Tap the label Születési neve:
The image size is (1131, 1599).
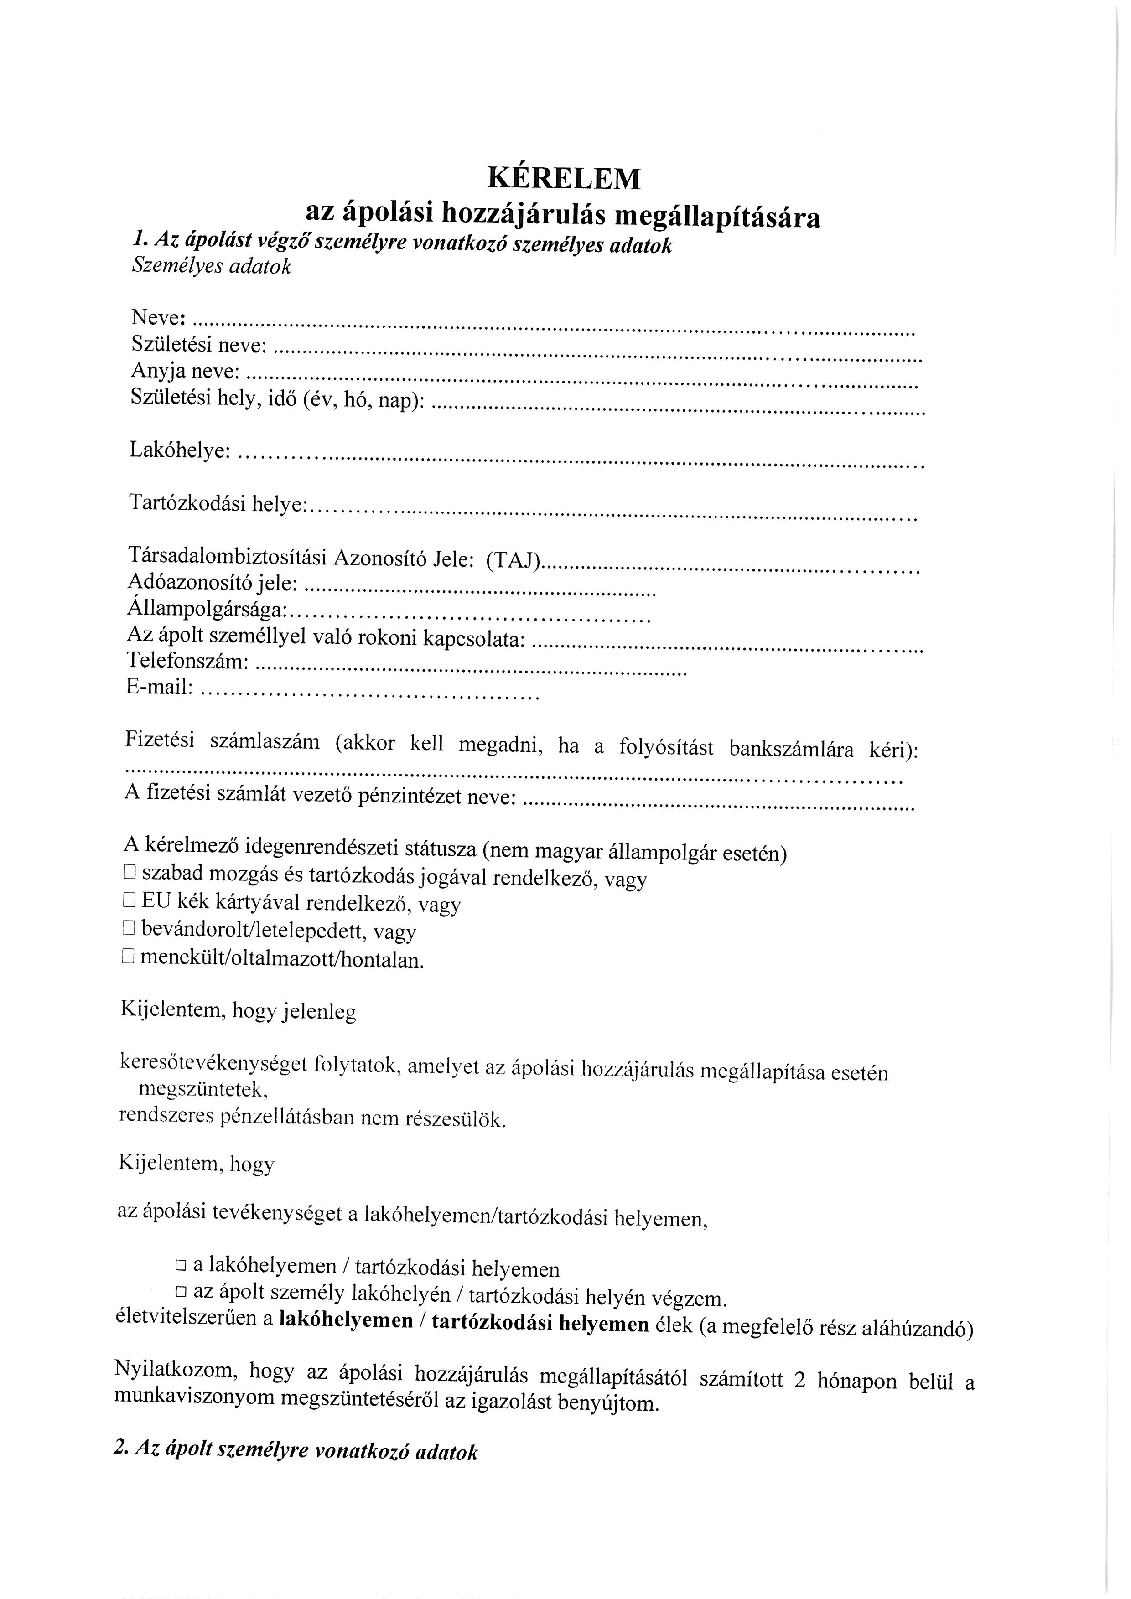click(x=198, y=345)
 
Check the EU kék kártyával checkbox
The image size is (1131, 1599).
click(x=129, y=900)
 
